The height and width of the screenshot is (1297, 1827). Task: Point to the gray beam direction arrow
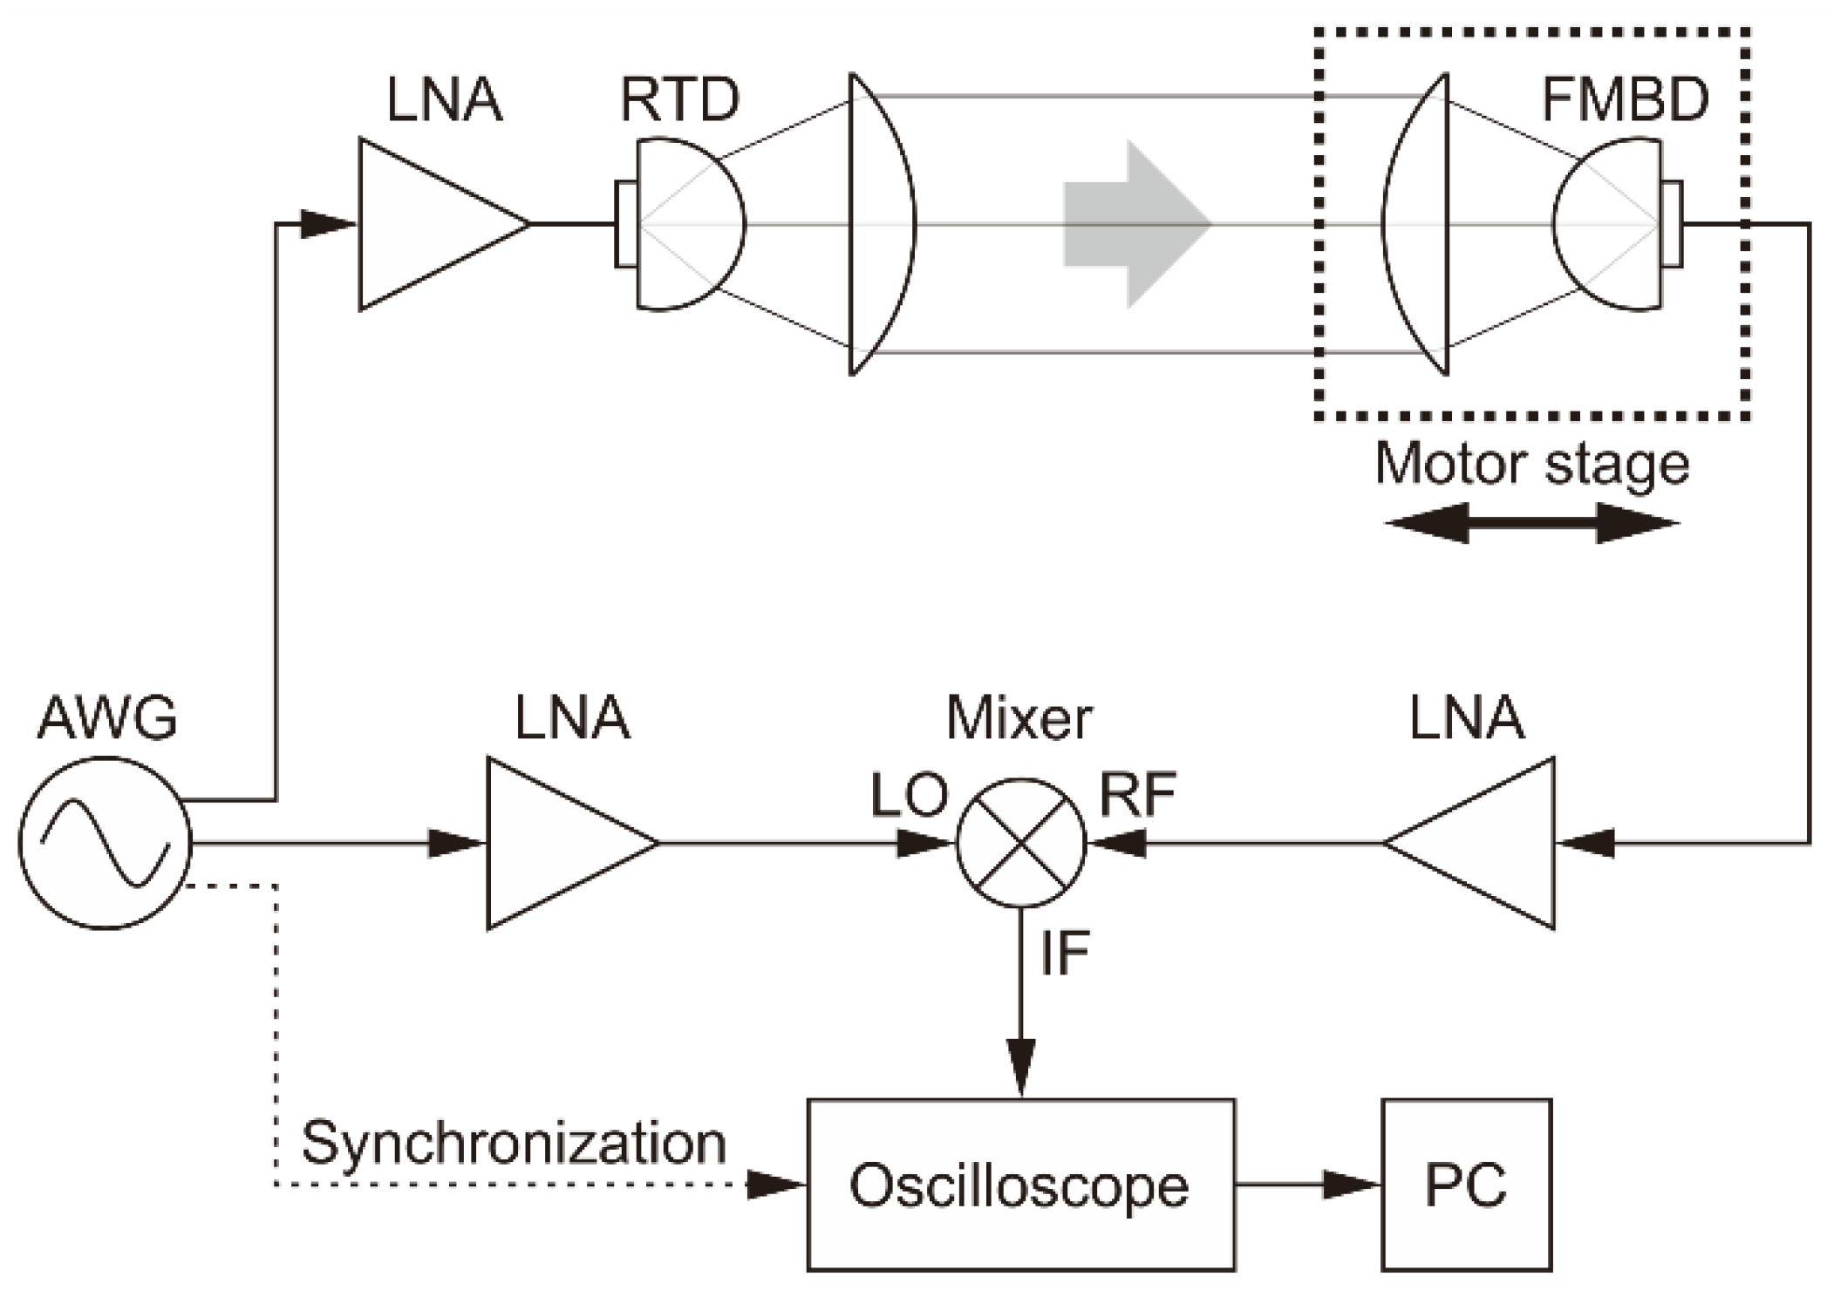[x=1137, y=224]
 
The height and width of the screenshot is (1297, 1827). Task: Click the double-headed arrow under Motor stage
[x=1532, y=523]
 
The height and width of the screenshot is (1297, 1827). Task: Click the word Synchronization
[x=514, y=1144]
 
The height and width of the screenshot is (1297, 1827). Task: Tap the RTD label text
[x=679, y=99]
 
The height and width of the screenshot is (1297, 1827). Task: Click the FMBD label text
[x=1625, y=99]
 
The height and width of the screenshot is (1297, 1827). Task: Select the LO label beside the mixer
[x=909, y=795]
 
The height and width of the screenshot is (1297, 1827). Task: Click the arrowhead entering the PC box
[x=1352, y=1184]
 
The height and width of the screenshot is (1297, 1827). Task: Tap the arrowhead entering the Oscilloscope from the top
[x=1021, y=1068]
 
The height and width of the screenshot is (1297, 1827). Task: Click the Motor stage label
[x=1531, y=465]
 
